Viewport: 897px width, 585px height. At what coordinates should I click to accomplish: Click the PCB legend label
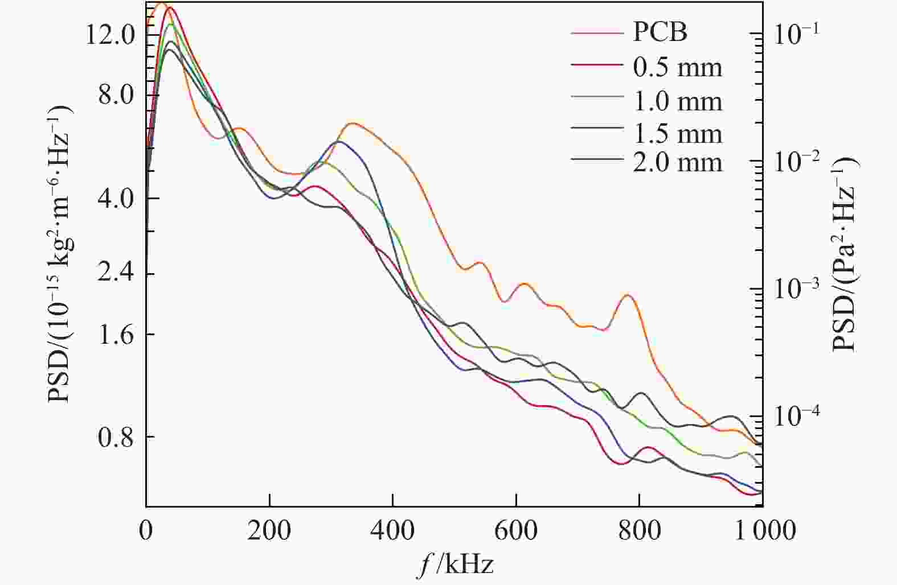(660, 32)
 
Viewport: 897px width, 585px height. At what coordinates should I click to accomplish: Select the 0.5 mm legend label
(677, 68)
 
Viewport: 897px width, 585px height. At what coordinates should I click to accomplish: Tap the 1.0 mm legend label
(677, 102)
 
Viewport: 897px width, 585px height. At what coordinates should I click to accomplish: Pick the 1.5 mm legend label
(677, 134)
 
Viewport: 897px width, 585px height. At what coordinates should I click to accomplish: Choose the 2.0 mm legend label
(677, 163)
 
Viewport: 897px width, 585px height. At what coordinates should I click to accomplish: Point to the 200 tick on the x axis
(269, 530)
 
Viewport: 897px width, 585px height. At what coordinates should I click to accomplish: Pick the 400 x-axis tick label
(393, 530)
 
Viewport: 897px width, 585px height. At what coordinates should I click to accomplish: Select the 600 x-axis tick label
(516, 530)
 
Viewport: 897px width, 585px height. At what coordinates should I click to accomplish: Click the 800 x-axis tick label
(640, 530)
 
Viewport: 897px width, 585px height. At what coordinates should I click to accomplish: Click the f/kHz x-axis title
(454, 565)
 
